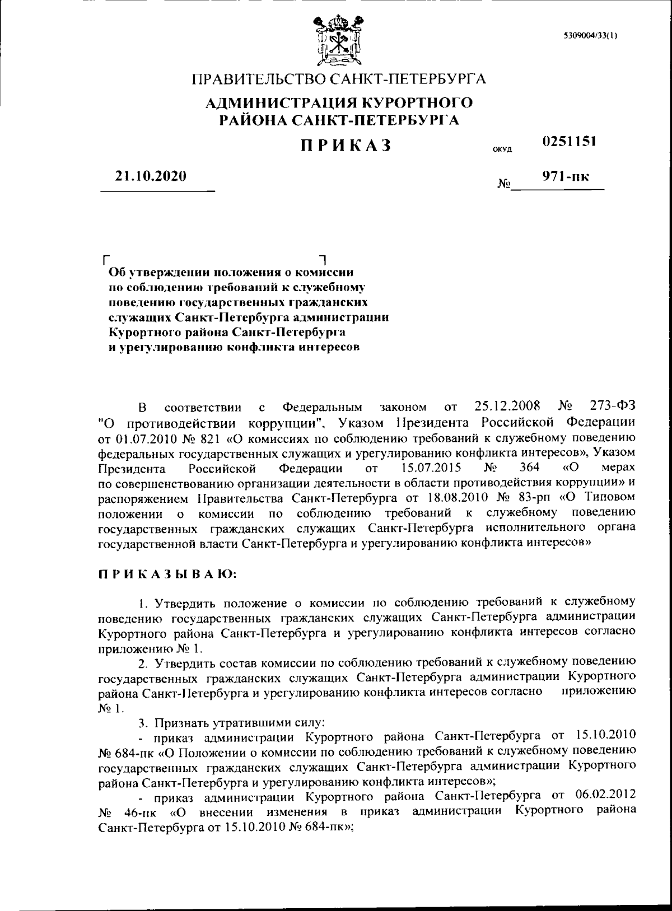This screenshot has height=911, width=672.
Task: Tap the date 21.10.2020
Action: click(150, 176)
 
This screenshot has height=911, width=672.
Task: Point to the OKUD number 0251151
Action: click(568, 141)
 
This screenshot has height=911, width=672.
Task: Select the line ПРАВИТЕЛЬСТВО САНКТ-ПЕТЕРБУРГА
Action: click(339, 79)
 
